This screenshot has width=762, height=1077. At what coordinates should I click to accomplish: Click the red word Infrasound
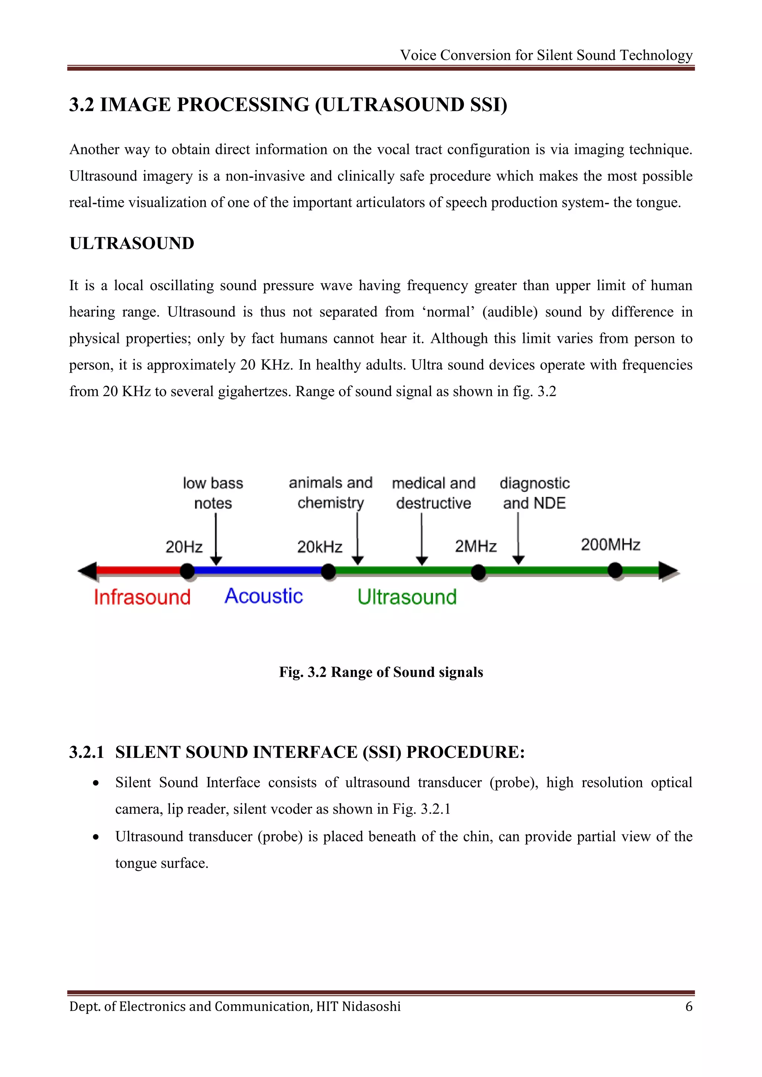coord(142,597)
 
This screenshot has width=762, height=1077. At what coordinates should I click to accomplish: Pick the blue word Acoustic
coord(264,596)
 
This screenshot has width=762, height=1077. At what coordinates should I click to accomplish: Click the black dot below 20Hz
coord(187,571)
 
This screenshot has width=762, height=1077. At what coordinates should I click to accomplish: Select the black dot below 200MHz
coord(615,571)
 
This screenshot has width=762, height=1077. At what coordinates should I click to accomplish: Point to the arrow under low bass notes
coord(216,540)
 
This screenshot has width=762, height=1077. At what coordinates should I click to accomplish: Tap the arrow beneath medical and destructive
coord(422,540)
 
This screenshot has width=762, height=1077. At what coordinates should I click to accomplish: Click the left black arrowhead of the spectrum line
coord(88,571)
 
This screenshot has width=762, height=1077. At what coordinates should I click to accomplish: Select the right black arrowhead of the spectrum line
coord(668,571)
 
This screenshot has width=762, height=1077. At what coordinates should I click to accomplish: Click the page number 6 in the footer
coord(689,1007)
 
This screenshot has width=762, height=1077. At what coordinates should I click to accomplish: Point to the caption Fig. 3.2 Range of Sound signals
coord(381,672)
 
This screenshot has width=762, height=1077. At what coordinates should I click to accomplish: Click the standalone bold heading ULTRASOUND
coord(132,244)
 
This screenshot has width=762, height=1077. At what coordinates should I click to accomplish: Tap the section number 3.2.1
coord(86,752)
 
